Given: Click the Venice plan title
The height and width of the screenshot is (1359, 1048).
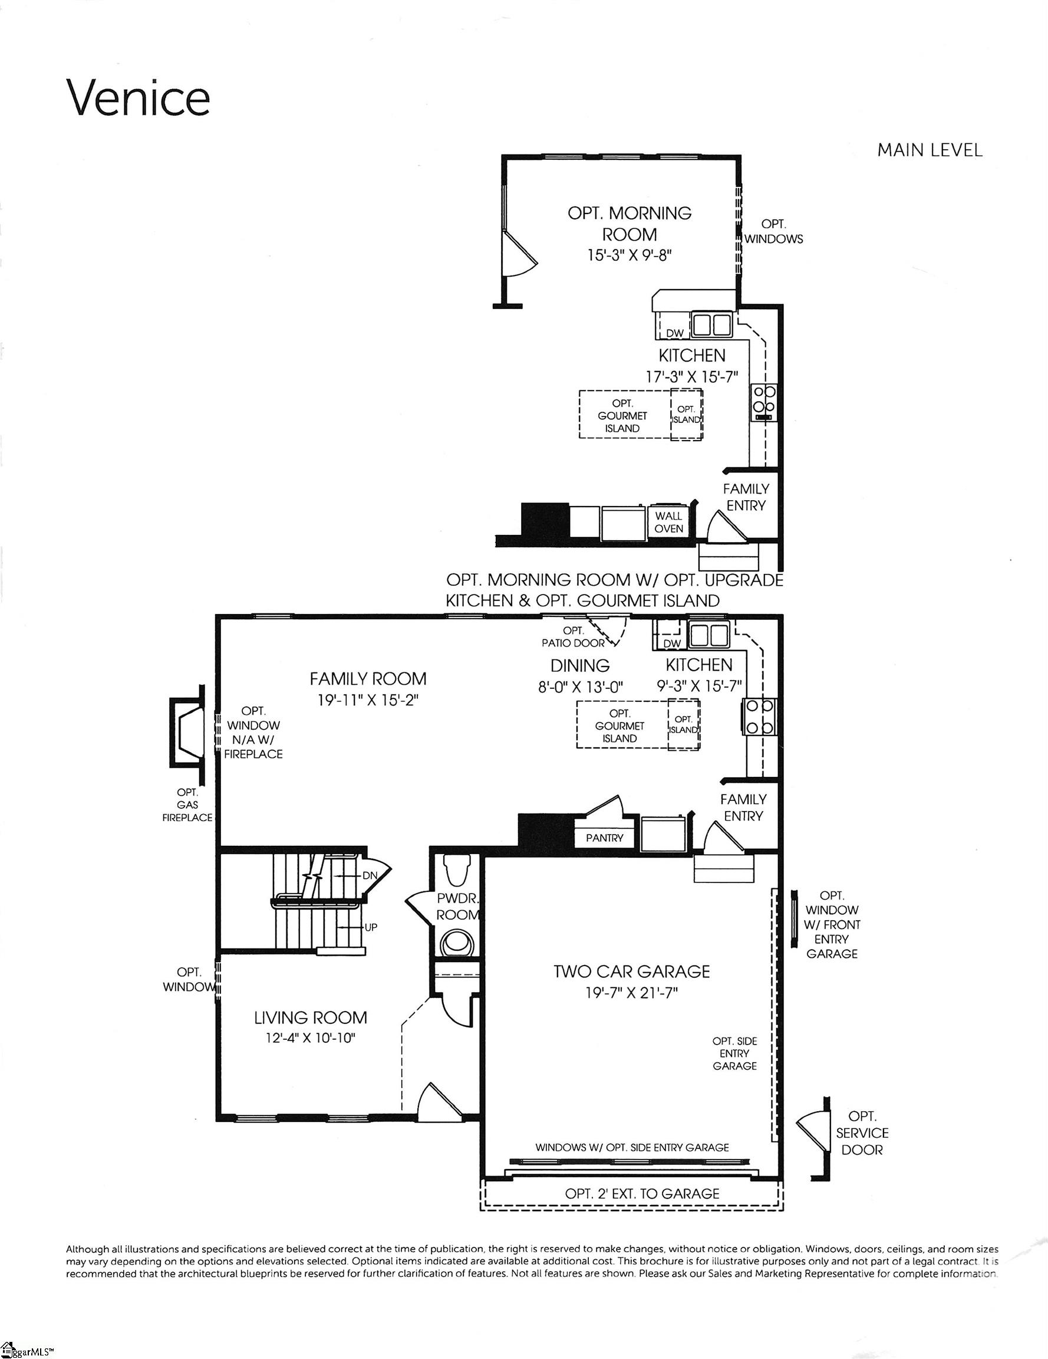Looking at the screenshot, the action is pos(138,99).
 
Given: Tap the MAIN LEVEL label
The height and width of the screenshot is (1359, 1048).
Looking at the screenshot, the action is pos(930,150).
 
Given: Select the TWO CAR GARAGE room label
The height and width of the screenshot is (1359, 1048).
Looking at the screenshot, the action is pos(631,971).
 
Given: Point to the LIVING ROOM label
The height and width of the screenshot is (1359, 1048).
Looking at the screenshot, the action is pos(311,1017).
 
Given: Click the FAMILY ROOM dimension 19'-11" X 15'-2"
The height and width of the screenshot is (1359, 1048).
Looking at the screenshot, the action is pos(368,700).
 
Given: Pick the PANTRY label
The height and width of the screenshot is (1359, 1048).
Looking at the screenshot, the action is pos(604,838).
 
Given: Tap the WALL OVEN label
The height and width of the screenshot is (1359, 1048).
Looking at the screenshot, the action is pos(668,522).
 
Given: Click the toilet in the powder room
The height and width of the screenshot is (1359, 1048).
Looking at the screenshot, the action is pos(457,871).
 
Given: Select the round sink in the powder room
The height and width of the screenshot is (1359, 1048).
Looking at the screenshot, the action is pos(457,943).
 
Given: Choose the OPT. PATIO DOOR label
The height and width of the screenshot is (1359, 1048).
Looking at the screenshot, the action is pos(573,637).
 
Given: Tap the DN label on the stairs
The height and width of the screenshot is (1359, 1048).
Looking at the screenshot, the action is pos(370,875).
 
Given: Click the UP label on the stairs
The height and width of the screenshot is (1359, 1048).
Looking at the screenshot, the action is pos(371,927).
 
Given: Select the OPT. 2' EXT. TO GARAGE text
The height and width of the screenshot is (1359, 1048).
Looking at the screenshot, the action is pos(642,1193).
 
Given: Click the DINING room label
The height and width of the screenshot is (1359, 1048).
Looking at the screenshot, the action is pos(579,665).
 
